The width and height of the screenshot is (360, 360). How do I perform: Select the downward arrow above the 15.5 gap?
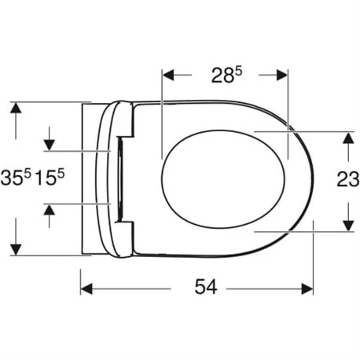pyautogui.click(x=49, y=144)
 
